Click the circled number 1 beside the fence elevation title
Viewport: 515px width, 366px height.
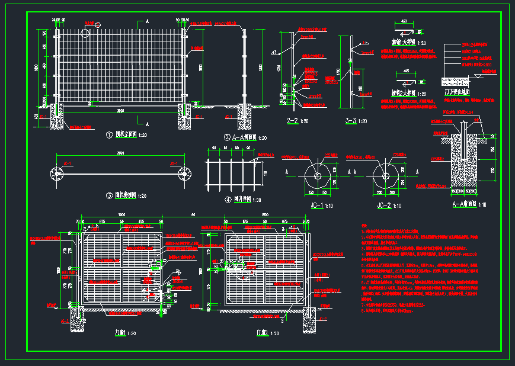(x=109, y=135)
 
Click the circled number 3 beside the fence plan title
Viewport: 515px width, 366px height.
(x=109, y=195)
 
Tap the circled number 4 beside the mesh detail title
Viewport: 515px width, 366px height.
(x=212, y=200)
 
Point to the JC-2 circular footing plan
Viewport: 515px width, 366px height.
(x=386, y=176)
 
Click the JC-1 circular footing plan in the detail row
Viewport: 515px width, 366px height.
(x=318, y=176)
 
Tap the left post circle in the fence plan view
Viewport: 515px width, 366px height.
(x=57, y=174)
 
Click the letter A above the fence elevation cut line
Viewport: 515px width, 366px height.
(x=147, y=21)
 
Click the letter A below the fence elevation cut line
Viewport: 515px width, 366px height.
(x=147, y=124)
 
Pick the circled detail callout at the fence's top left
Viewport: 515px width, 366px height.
(x=84, y=31)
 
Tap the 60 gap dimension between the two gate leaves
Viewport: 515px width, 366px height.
(x=193, y=214)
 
